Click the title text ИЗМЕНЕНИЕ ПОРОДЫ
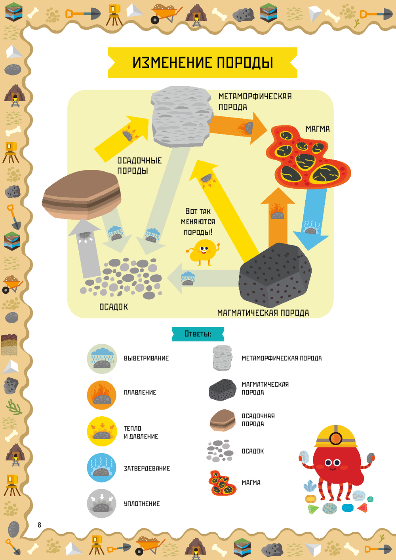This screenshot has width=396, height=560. [202, 63]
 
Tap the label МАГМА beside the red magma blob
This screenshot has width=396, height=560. [317, 129]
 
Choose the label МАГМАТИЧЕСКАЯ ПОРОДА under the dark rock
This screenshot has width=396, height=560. [263, 313]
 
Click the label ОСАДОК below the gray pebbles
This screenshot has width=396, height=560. [114, 307]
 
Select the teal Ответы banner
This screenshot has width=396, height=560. [198, 334]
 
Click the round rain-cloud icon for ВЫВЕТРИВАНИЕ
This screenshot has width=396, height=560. [102, 359]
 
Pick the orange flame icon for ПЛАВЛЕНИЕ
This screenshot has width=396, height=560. [102, 395]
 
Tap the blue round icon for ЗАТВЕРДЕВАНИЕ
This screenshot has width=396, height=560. [102, 467]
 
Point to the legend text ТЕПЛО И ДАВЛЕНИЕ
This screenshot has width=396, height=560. [141, 432]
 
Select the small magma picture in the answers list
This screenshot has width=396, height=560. [222, 483]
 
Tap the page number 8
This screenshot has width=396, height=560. [39, 525]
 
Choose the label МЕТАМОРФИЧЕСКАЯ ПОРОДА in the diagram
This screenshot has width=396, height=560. [255, 102]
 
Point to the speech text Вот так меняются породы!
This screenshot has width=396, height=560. [198, 222]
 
